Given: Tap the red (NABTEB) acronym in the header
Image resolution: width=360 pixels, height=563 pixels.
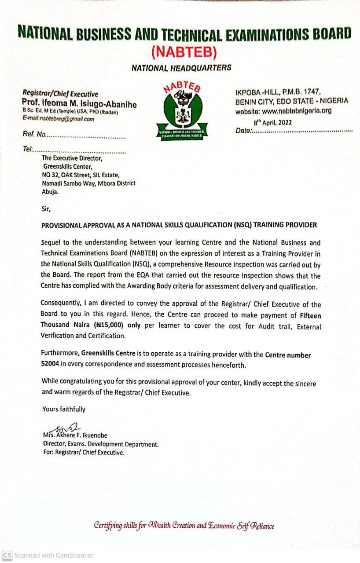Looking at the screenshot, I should pos(184,52).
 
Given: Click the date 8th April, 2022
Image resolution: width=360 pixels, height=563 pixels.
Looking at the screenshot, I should pos(272,123).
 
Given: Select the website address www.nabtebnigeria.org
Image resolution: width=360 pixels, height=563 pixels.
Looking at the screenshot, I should pos(296,111).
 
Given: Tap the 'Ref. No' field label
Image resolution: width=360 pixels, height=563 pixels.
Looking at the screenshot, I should pos(34,135).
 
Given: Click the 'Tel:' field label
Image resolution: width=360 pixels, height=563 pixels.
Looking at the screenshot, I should pos(28,149).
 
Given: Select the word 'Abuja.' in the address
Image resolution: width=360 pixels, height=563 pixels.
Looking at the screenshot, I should pos(49,192).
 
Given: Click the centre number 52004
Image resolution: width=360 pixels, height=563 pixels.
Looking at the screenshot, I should pos(50,365).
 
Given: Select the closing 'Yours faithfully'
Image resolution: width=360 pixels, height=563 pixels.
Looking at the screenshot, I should pos(64,409).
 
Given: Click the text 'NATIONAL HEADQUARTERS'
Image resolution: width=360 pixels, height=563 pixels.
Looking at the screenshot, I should pos(181,68).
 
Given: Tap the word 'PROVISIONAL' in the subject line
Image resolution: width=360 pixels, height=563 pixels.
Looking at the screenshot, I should pos(61,225).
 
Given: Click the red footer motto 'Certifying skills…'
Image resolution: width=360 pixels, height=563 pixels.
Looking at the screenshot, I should pos(184,526).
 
